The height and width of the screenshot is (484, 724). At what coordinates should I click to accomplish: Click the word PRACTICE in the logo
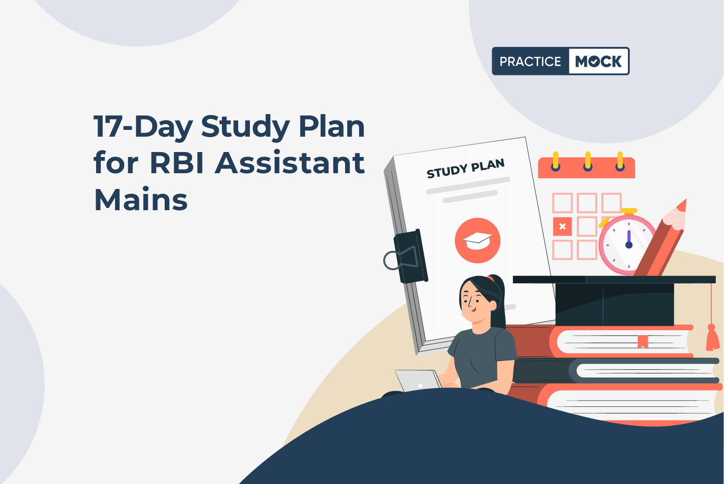pos(530,61)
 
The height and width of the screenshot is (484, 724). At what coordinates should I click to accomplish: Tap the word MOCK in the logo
pos(598,61)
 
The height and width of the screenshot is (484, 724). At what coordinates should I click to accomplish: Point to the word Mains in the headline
pos(141,199)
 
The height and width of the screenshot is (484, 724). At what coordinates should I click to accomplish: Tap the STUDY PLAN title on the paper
pos(466,168)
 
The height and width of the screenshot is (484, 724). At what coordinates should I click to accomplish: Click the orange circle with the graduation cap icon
pos(477,240)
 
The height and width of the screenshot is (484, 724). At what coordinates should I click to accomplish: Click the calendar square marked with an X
pos(562,226)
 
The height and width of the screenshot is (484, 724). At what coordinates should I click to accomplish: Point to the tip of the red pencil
pos(686,200)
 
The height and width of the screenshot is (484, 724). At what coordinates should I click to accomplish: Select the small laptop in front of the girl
pos(418,381)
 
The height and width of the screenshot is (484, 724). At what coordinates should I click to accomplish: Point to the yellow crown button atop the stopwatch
pos(629,211)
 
